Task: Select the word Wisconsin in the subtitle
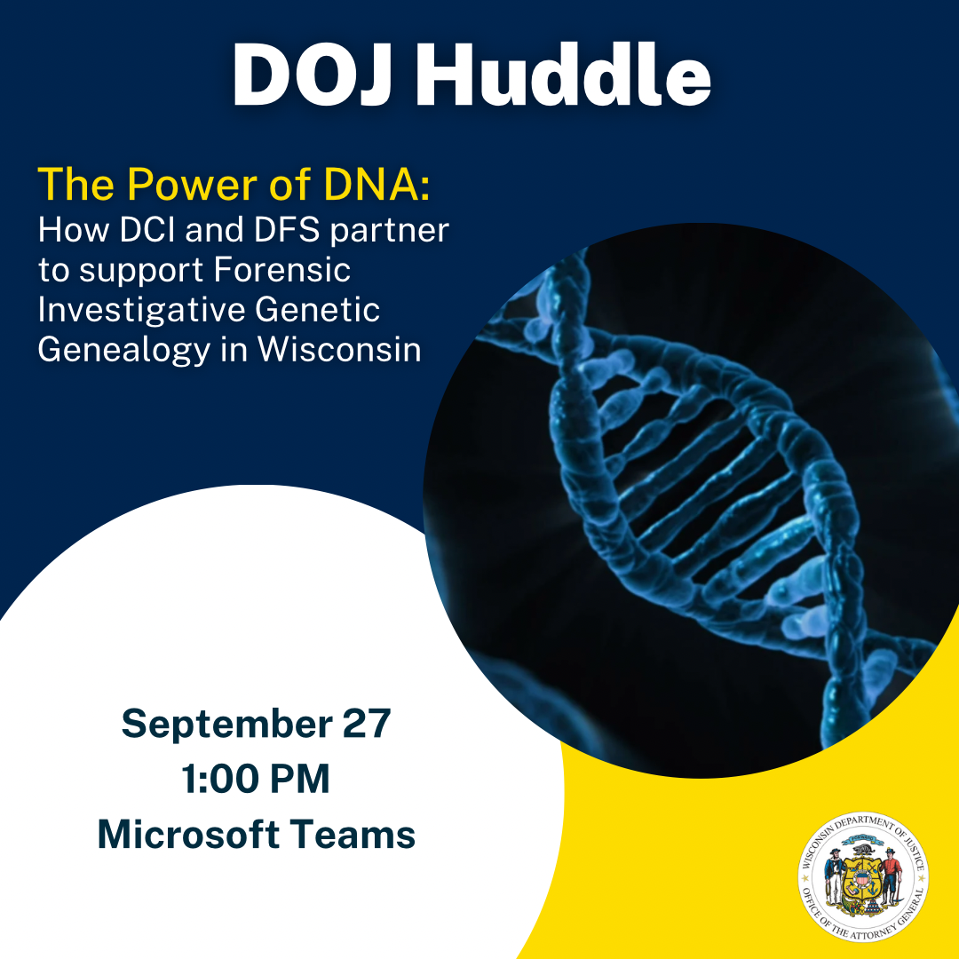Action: [x=339, y=349]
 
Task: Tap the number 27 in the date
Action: [x=366, y=725]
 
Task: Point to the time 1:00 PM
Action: [x=256, y=780]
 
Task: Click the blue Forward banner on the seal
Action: [x=863, y=837]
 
